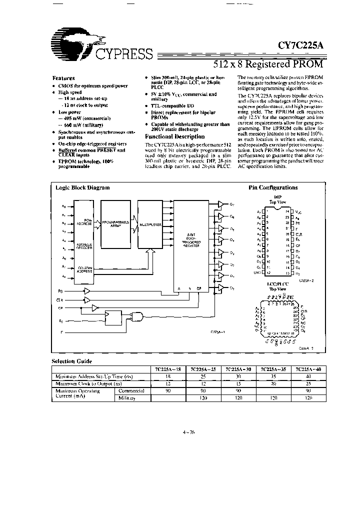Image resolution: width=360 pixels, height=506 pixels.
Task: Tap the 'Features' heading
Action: coord(63,78)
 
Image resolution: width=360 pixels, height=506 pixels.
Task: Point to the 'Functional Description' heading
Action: coord(174,136)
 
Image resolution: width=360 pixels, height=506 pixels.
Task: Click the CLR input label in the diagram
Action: coord(59,300)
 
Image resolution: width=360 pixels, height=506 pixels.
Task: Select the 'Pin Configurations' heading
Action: coord(273,188)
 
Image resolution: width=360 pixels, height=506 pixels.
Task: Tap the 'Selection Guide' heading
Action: coord(72,360)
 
